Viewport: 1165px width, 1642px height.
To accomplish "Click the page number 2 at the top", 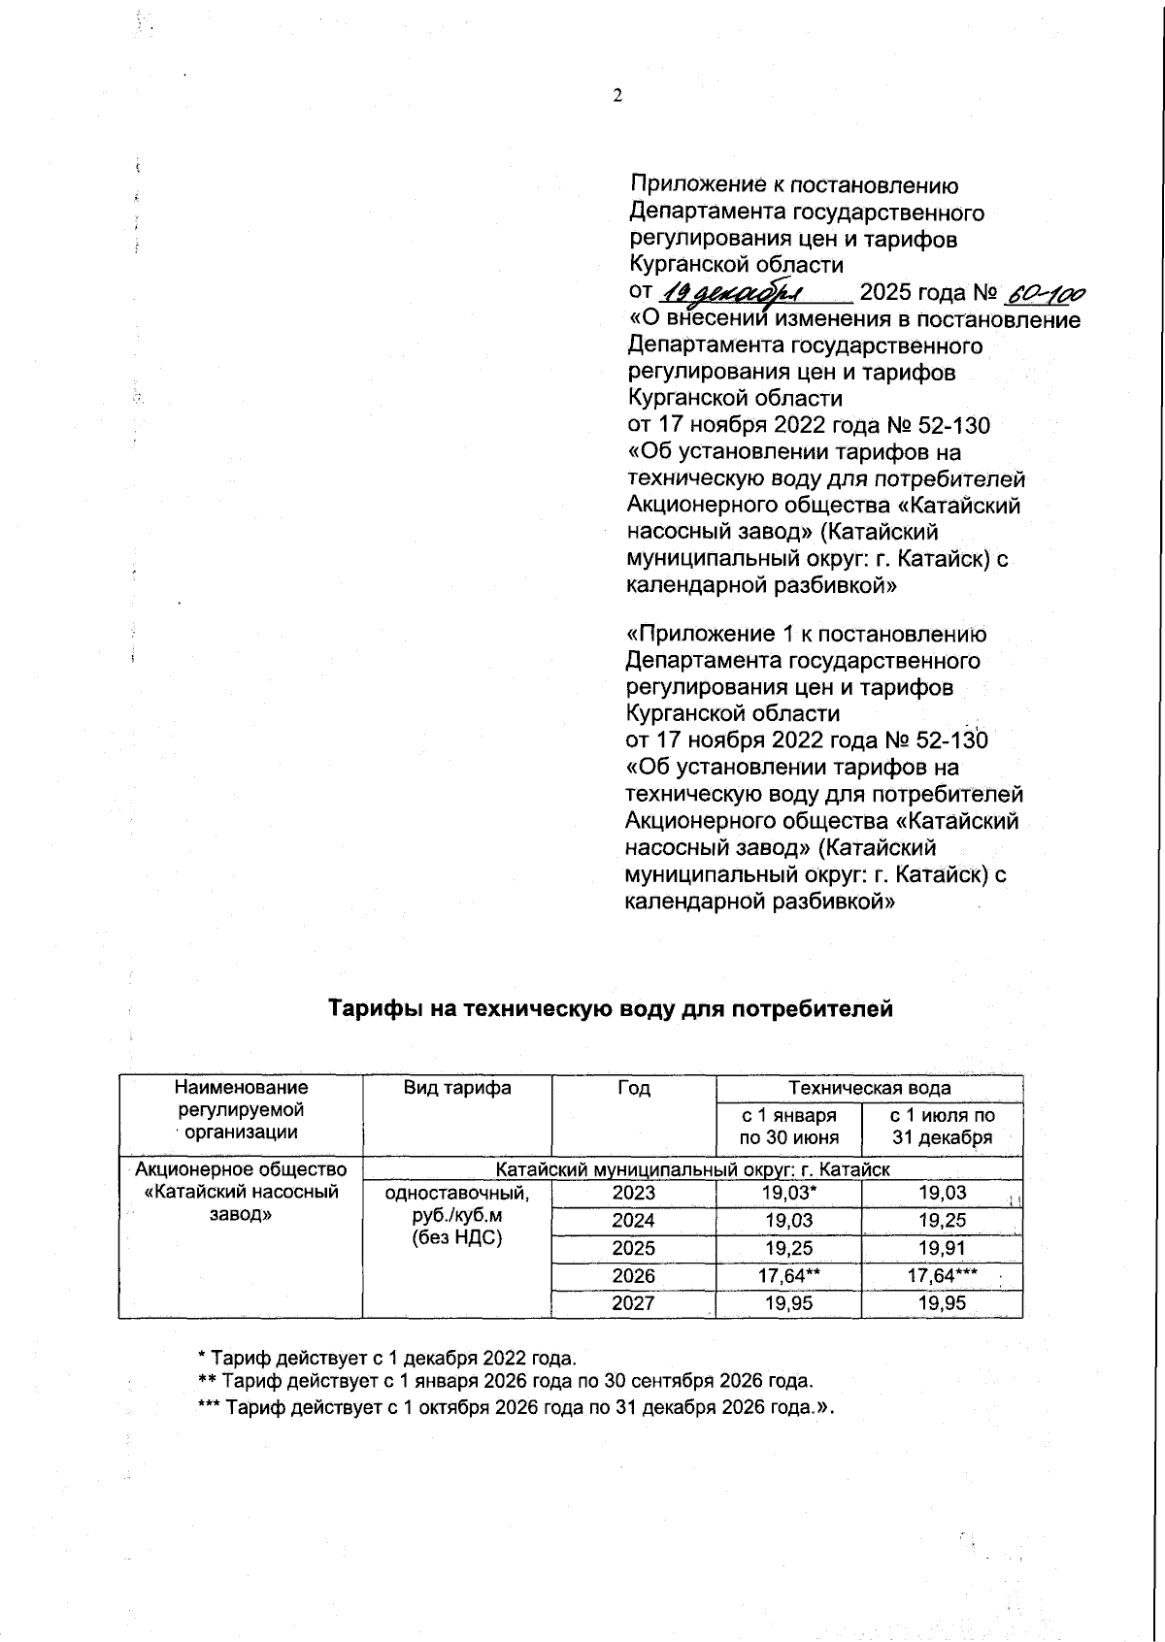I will pyautogui.click(x=616, y=95).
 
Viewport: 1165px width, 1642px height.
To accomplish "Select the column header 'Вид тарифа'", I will pyautogui.click(x=457, y=1088).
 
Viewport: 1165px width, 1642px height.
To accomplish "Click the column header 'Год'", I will pyautogui.click(x=633, y=1088).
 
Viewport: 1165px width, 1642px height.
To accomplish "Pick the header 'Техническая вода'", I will pyautogui.click(x=869, y=1088).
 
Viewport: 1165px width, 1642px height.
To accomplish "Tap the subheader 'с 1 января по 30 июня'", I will pyautogui.click(x=788, y=1127).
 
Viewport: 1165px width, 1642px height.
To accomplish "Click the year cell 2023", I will pyautogui.click(x=633, y=1193).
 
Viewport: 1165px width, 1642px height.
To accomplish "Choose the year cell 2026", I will pyautogui.click(x=633, y=1276).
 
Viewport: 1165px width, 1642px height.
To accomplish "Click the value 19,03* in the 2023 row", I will pyautogui.click(x=788, y=1193).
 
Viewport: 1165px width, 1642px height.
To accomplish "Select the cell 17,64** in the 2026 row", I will pyautogui.click(x=788, y=1276).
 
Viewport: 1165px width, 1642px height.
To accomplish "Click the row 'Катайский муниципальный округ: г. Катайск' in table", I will pyautogui.click(x=692, y=1169).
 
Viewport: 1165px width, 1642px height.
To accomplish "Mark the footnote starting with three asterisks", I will pyautogui.click(x=516, y=1407).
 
